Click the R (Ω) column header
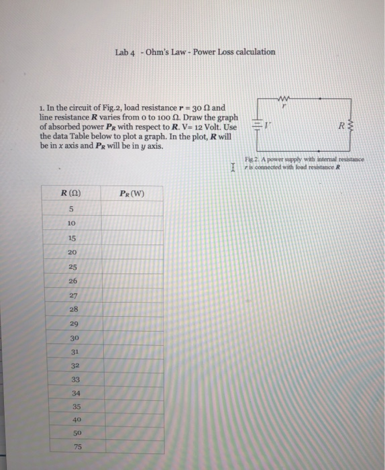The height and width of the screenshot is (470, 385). [x=70, y=195]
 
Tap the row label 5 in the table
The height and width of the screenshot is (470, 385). [x=70, y=208]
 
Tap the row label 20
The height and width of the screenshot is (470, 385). [x=71, y=252]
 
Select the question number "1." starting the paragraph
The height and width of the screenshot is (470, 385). [x=42, y=106]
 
